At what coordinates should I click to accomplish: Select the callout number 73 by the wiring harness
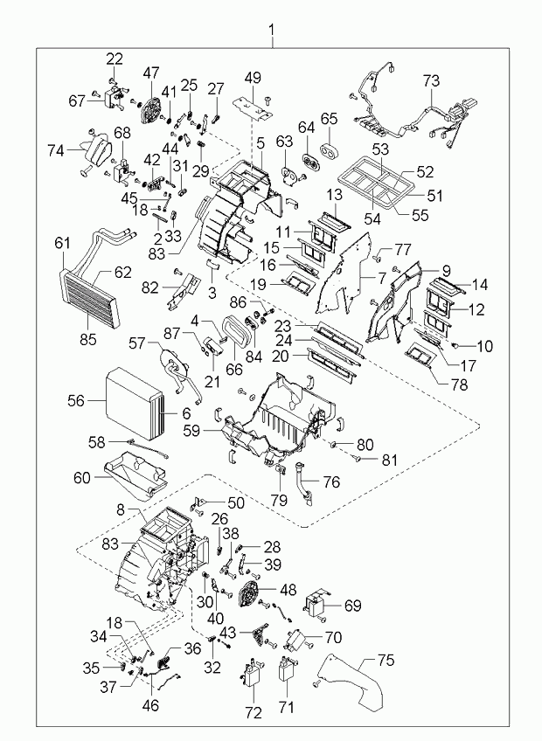pos(431,81)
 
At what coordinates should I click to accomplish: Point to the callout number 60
pos(80,478)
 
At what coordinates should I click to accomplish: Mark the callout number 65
pos(329,118)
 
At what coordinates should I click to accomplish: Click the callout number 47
pos(151,73)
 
